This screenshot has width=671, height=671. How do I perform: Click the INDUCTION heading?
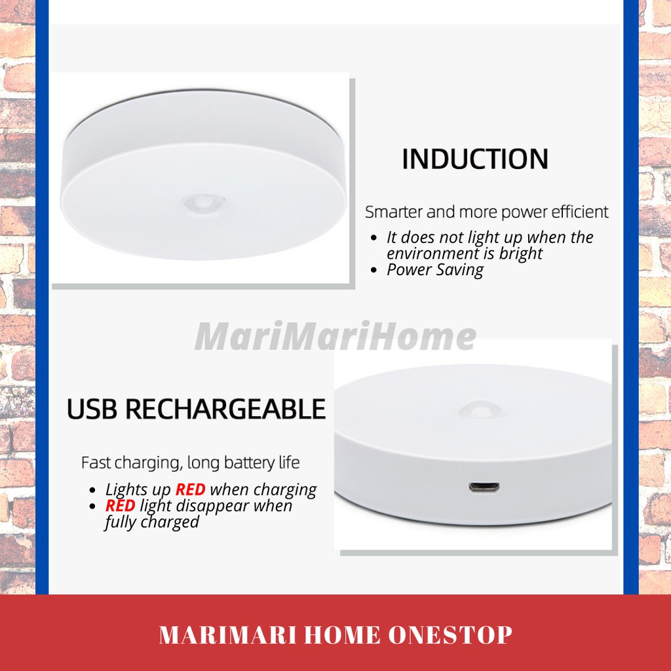(x=475, y=159)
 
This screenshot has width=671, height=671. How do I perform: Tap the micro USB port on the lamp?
(x=484, y=487)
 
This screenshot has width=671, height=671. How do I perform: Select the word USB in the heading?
(x=92, y=409)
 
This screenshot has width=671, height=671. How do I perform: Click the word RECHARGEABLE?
(x=225, y=409)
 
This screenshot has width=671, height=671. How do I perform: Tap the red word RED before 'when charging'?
(x=191, y=489)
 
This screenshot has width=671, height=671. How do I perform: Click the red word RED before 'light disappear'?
(x=121, y=505)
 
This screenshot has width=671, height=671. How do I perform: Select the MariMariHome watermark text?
(x=335, y=336)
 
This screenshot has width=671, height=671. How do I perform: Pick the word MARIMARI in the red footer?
(x=227, y=634)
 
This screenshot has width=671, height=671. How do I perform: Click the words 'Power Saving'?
(x=435, y=269)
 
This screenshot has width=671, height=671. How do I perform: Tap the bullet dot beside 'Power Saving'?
(x=374, y=270)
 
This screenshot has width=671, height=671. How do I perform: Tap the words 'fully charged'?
(x=152, y=522)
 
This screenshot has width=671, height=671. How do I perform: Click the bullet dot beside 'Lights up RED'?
(x=93, y=489)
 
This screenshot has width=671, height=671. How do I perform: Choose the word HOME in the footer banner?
(x=342, y=634)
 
